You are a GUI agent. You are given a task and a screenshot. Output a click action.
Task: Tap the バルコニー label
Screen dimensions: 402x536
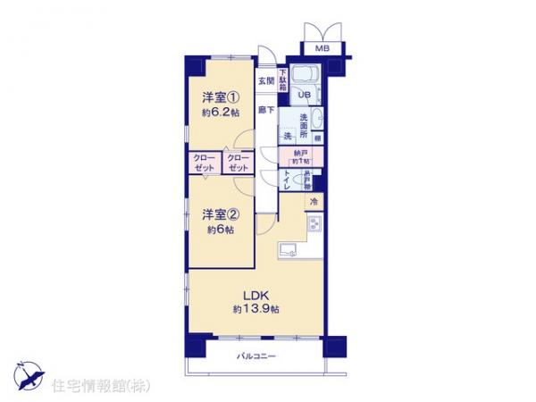(x=256, y=357)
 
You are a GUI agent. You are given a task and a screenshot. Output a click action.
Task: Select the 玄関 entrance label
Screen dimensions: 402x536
(x=265, y=80)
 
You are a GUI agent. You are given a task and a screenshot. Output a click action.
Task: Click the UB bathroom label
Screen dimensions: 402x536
(x=303, y=96)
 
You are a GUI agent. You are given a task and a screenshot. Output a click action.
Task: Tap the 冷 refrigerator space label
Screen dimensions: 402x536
(x=314, y=203)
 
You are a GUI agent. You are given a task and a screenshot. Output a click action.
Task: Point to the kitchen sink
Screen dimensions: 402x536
(x=289, y=248)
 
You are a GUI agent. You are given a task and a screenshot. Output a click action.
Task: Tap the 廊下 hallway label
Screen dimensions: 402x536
(x=265, y=109)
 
